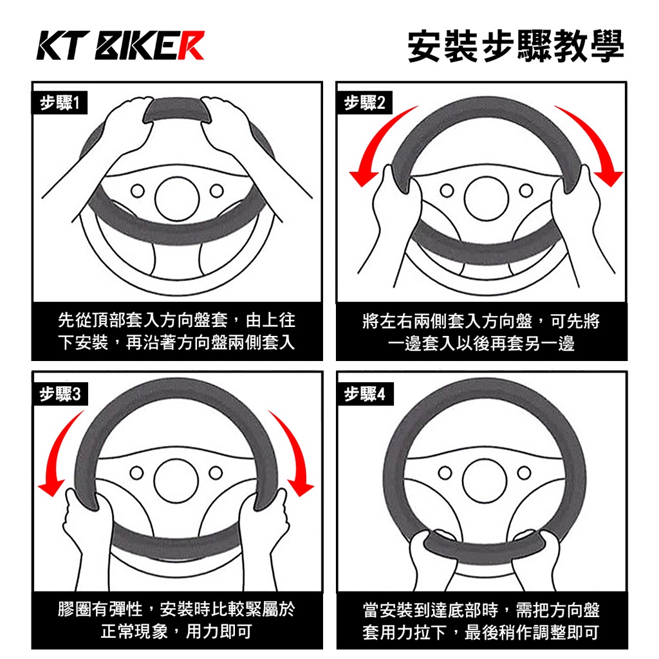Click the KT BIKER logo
point(120,45)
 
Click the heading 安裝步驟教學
point(515,46)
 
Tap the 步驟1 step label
point(60,103)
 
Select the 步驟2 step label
point(365,103)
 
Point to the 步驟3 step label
point(60,394)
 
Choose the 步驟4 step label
point(365,394)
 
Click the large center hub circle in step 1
point(177,199)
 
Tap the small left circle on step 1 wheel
point(138,190)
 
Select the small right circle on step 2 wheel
point(526,190)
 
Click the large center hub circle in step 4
point(485,481)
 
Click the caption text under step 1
point(176,331)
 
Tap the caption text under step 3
point(176,620)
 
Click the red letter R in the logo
point(190,45)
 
